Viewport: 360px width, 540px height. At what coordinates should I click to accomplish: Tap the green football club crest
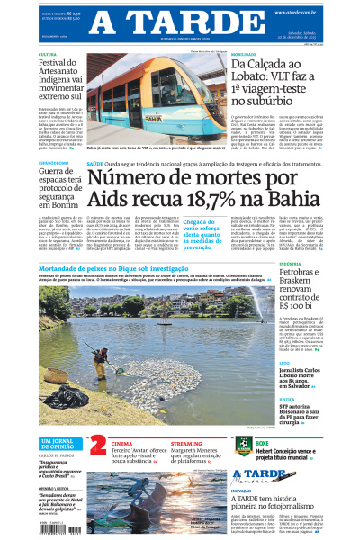(x=242, y=445)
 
